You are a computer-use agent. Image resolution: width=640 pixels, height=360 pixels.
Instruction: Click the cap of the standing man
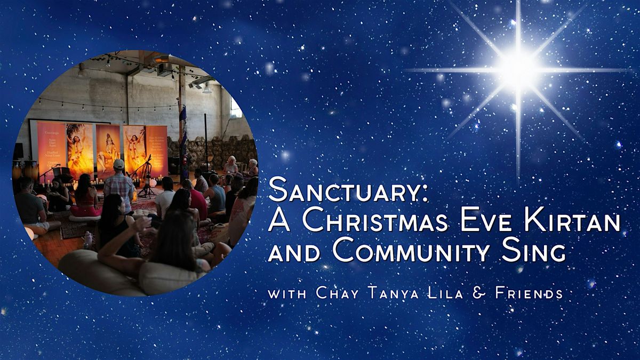tap(119, 164)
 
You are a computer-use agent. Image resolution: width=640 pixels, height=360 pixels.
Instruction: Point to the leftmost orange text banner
tap(51, 144)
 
